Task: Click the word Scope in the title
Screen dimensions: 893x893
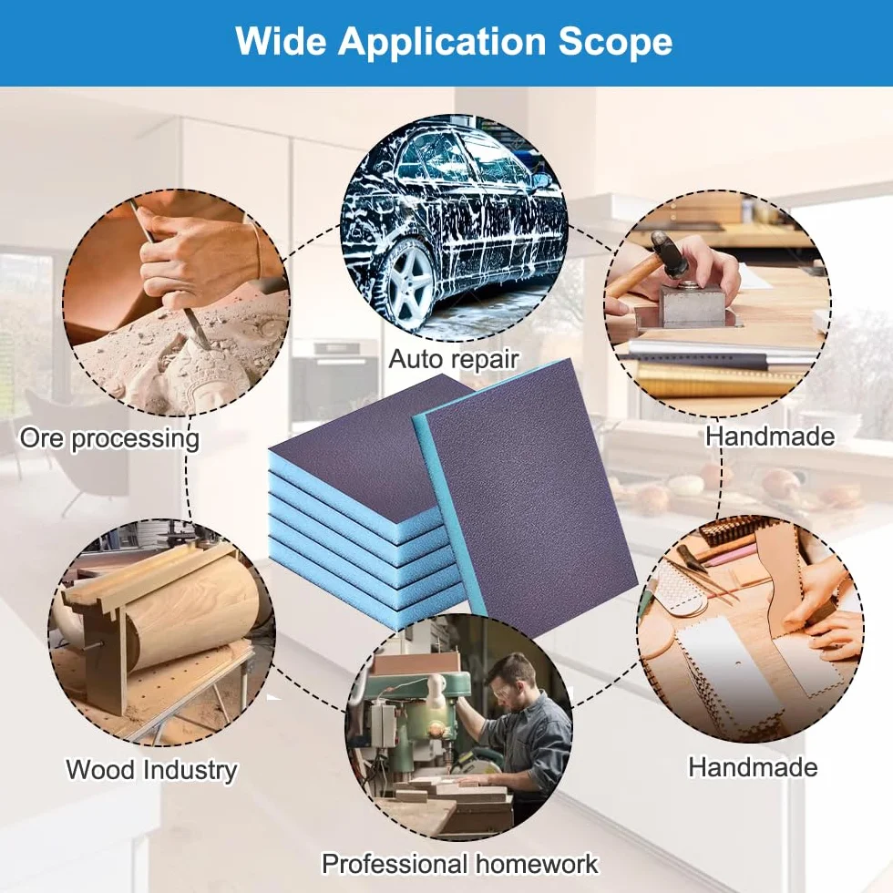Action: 615,42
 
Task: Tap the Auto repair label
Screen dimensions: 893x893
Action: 454,360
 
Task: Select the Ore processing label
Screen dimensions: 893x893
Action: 110,439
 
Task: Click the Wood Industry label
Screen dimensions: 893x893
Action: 151,770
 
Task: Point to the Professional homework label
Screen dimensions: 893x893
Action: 460,864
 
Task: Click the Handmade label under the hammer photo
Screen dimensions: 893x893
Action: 770,436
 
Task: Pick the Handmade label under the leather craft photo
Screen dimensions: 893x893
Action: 753,767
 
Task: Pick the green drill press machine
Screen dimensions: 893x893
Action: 411,724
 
